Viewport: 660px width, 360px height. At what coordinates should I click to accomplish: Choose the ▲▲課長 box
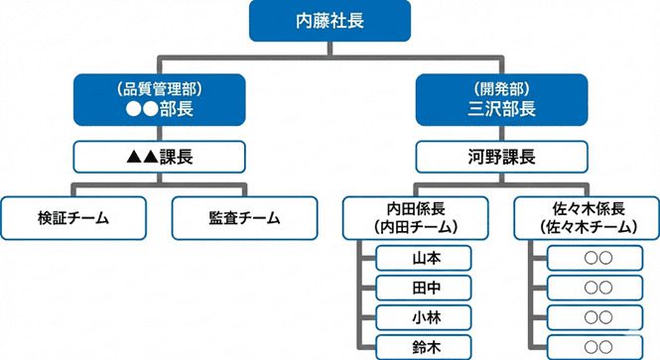[159, 156]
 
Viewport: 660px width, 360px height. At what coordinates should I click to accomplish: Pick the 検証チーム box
[73, 217]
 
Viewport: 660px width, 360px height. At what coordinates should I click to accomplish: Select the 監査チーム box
[245, 217]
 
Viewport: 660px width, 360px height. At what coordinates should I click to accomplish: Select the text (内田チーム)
[416, 227]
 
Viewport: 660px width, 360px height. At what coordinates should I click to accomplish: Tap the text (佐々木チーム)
[588, 227]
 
